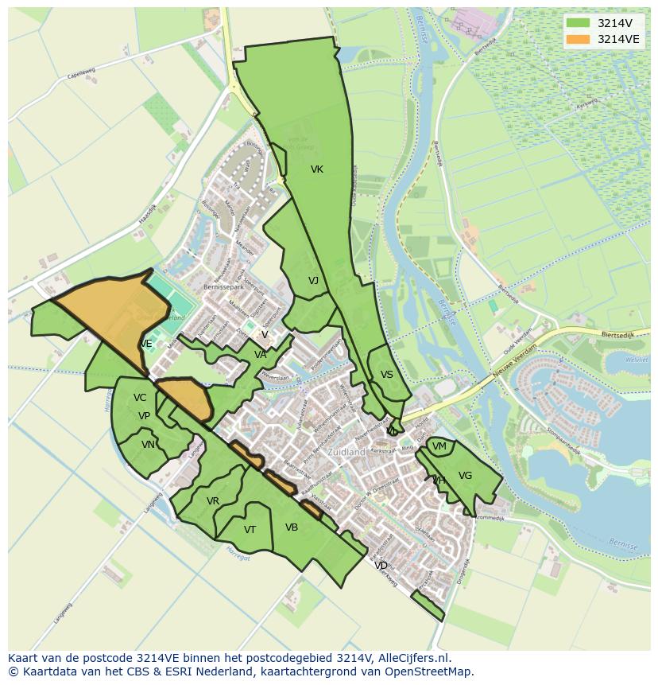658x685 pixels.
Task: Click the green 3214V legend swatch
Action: tap(579, 24)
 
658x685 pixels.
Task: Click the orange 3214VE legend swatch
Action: tap(579, 39)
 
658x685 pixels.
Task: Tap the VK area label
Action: tap(317, 169)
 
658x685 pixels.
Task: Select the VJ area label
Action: tap(313, 281)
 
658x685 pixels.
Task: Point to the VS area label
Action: tap(387, 375)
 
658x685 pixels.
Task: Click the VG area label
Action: tap(466, 476)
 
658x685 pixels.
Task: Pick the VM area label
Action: tap(439, 447)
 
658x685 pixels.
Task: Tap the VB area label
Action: tap(292, 527)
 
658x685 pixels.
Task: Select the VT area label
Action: tap(250, 530)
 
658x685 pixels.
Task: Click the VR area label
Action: tap(213, 501)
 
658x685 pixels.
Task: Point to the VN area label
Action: tap(148, 445)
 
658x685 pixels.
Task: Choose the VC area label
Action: tap(140, 398)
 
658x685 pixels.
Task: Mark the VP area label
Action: tap(144, 416)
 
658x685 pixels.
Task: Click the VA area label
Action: tap(261, 355)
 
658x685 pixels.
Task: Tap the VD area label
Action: tap(381, 566)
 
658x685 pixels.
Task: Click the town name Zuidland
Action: tap(346, 452)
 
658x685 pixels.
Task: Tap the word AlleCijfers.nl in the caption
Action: tap(412, 658)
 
